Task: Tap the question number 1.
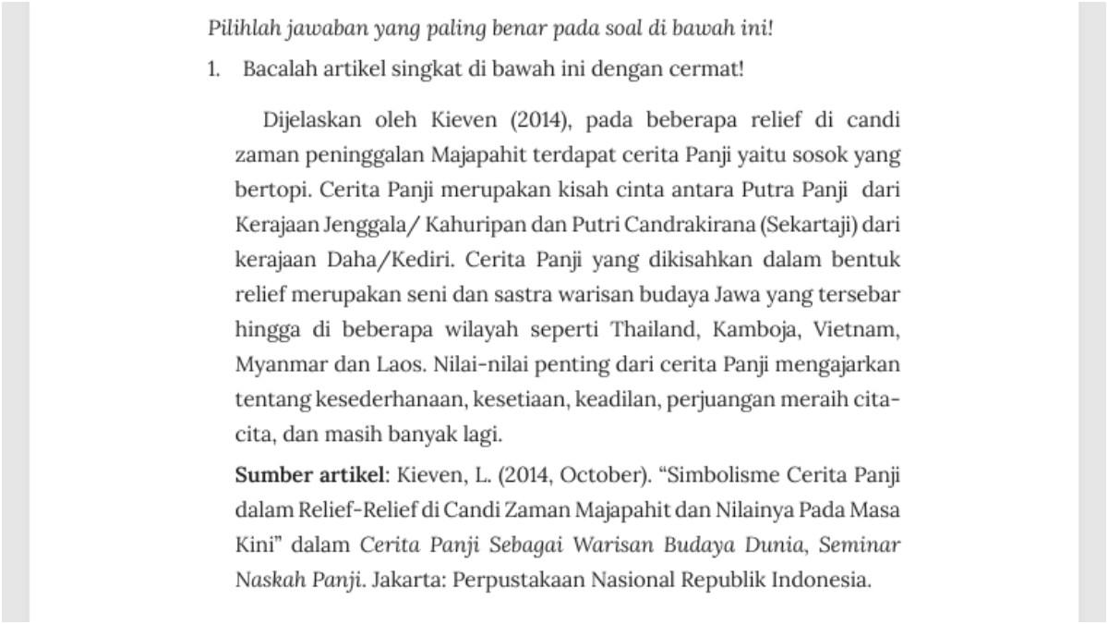(213, 70)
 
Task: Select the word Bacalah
(275, 70)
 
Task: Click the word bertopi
(269, 190)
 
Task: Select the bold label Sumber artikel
(307, 476)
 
